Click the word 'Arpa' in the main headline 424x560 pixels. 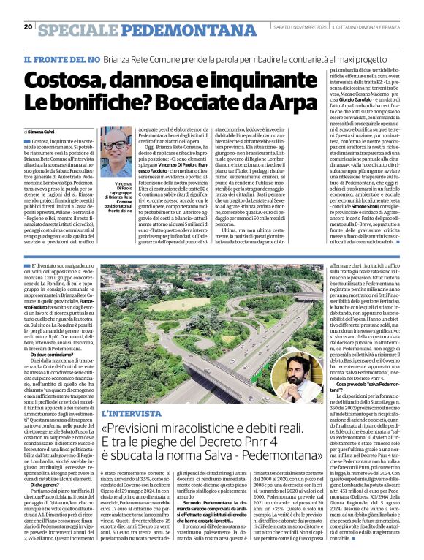284,101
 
